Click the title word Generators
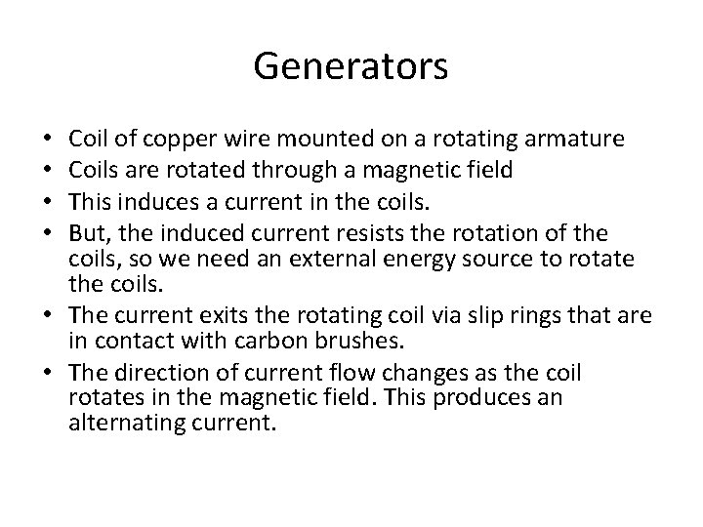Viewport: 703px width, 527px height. click(351, 67)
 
